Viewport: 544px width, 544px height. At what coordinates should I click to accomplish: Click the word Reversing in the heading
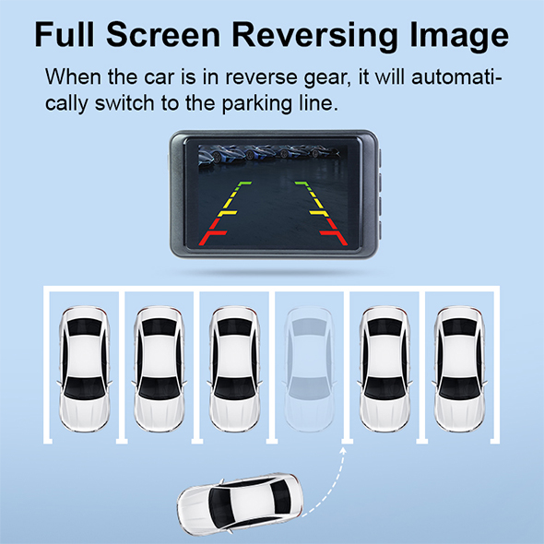point(314,36)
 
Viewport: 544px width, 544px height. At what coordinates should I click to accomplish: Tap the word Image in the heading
point(459,36)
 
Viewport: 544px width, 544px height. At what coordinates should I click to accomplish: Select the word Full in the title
point(65,34)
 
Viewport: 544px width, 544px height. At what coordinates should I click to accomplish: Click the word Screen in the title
point(163,34)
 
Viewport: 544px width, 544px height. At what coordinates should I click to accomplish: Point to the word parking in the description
point(256,103)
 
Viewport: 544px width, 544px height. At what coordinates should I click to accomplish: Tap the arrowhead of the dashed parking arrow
point(343,450)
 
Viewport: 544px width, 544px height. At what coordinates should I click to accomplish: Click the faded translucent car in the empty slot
point(310,369)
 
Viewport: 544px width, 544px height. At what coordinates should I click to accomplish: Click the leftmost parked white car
point(85,369)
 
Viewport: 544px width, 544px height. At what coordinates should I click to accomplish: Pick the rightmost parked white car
point(460,369)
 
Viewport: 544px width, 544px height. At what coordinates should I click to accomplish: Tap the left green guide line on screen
point(241,186)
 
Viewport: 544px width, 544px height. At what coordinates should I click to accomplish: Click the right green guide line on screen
point(304,186)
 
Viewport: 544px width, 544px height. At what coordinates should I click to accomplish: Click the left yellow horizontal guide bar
point(227,213)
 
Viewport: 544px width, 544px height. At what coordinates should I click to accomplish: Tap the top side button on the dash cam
point(380,158)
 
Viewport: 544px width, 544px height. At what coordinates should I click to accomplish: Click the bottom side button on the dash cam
point(380,231)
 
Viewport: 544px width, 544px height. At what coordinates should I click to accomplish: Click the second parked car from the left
point(160,369)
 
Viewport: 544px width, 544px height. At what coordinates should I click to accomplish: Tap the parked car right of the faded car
point(384,369)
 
